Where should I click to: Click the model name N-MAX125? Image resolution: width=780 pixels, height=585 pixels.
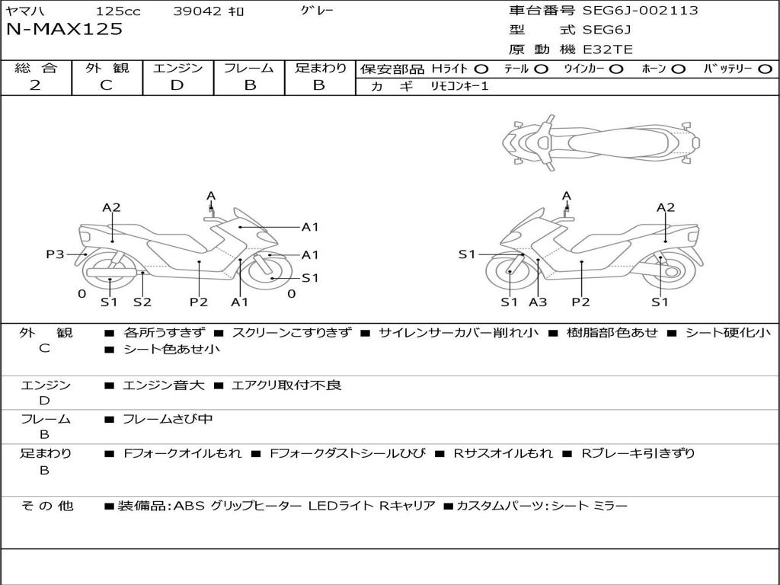click(x=64, y=30)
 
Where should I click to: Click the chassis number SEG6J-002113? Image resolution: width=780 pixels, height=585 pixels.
click(x=640, y=11)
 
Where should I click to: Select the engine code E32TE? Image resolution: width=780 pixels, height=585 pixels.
click(x=607, y=50)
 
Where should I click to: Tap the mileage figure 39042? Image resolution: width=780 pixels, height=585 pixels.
click(x=197, y=11)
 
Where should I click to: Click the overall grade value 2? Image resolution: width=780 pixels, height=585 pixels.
click(x=35, y=85)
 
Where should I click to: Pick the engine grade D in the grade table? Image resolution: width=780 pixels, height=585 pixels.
click(x=177, y=85)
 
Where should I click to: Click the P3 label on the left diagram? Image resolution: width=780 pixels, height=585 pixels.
click(x=55, y=254)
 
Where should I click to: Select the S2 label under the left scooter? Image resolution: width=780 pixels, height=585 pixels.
click(x=142, y=302)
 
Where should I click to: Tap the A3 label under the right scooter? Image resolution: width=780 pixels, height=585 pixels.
click(x=538, y=302)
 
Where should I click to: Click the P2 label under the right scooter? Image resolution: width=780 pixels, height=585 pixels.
click(x=580, y=302)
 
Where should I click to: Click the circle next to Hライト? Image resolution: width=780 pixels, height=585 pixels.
click(x=481, y=69)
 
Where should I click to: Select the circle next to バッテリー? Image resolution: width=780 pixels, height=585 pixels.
click(x=765, y=69)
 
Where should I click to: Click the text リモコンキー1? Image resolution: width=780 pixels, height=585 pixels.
click(x=459, y=86)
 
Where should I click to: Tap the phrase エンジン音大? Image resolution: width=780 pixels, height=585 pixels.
click(x=164, y=385)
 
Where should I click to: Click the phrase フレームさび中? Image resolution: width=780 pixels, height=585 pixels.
click(x=168, y=419)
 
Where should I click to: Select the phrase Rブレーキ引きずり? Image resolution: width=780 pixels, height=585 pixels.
click(x=638, y=453)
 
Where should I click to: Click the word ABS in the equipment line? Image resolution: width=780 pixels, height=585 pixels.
click(x=189, y=506)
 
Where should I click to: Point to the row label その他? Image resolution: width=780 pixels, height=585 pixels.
click(x=46, y=506)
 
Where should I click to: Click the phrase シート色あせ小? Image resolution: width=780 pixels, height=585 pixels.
click(x=171, y=349)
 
